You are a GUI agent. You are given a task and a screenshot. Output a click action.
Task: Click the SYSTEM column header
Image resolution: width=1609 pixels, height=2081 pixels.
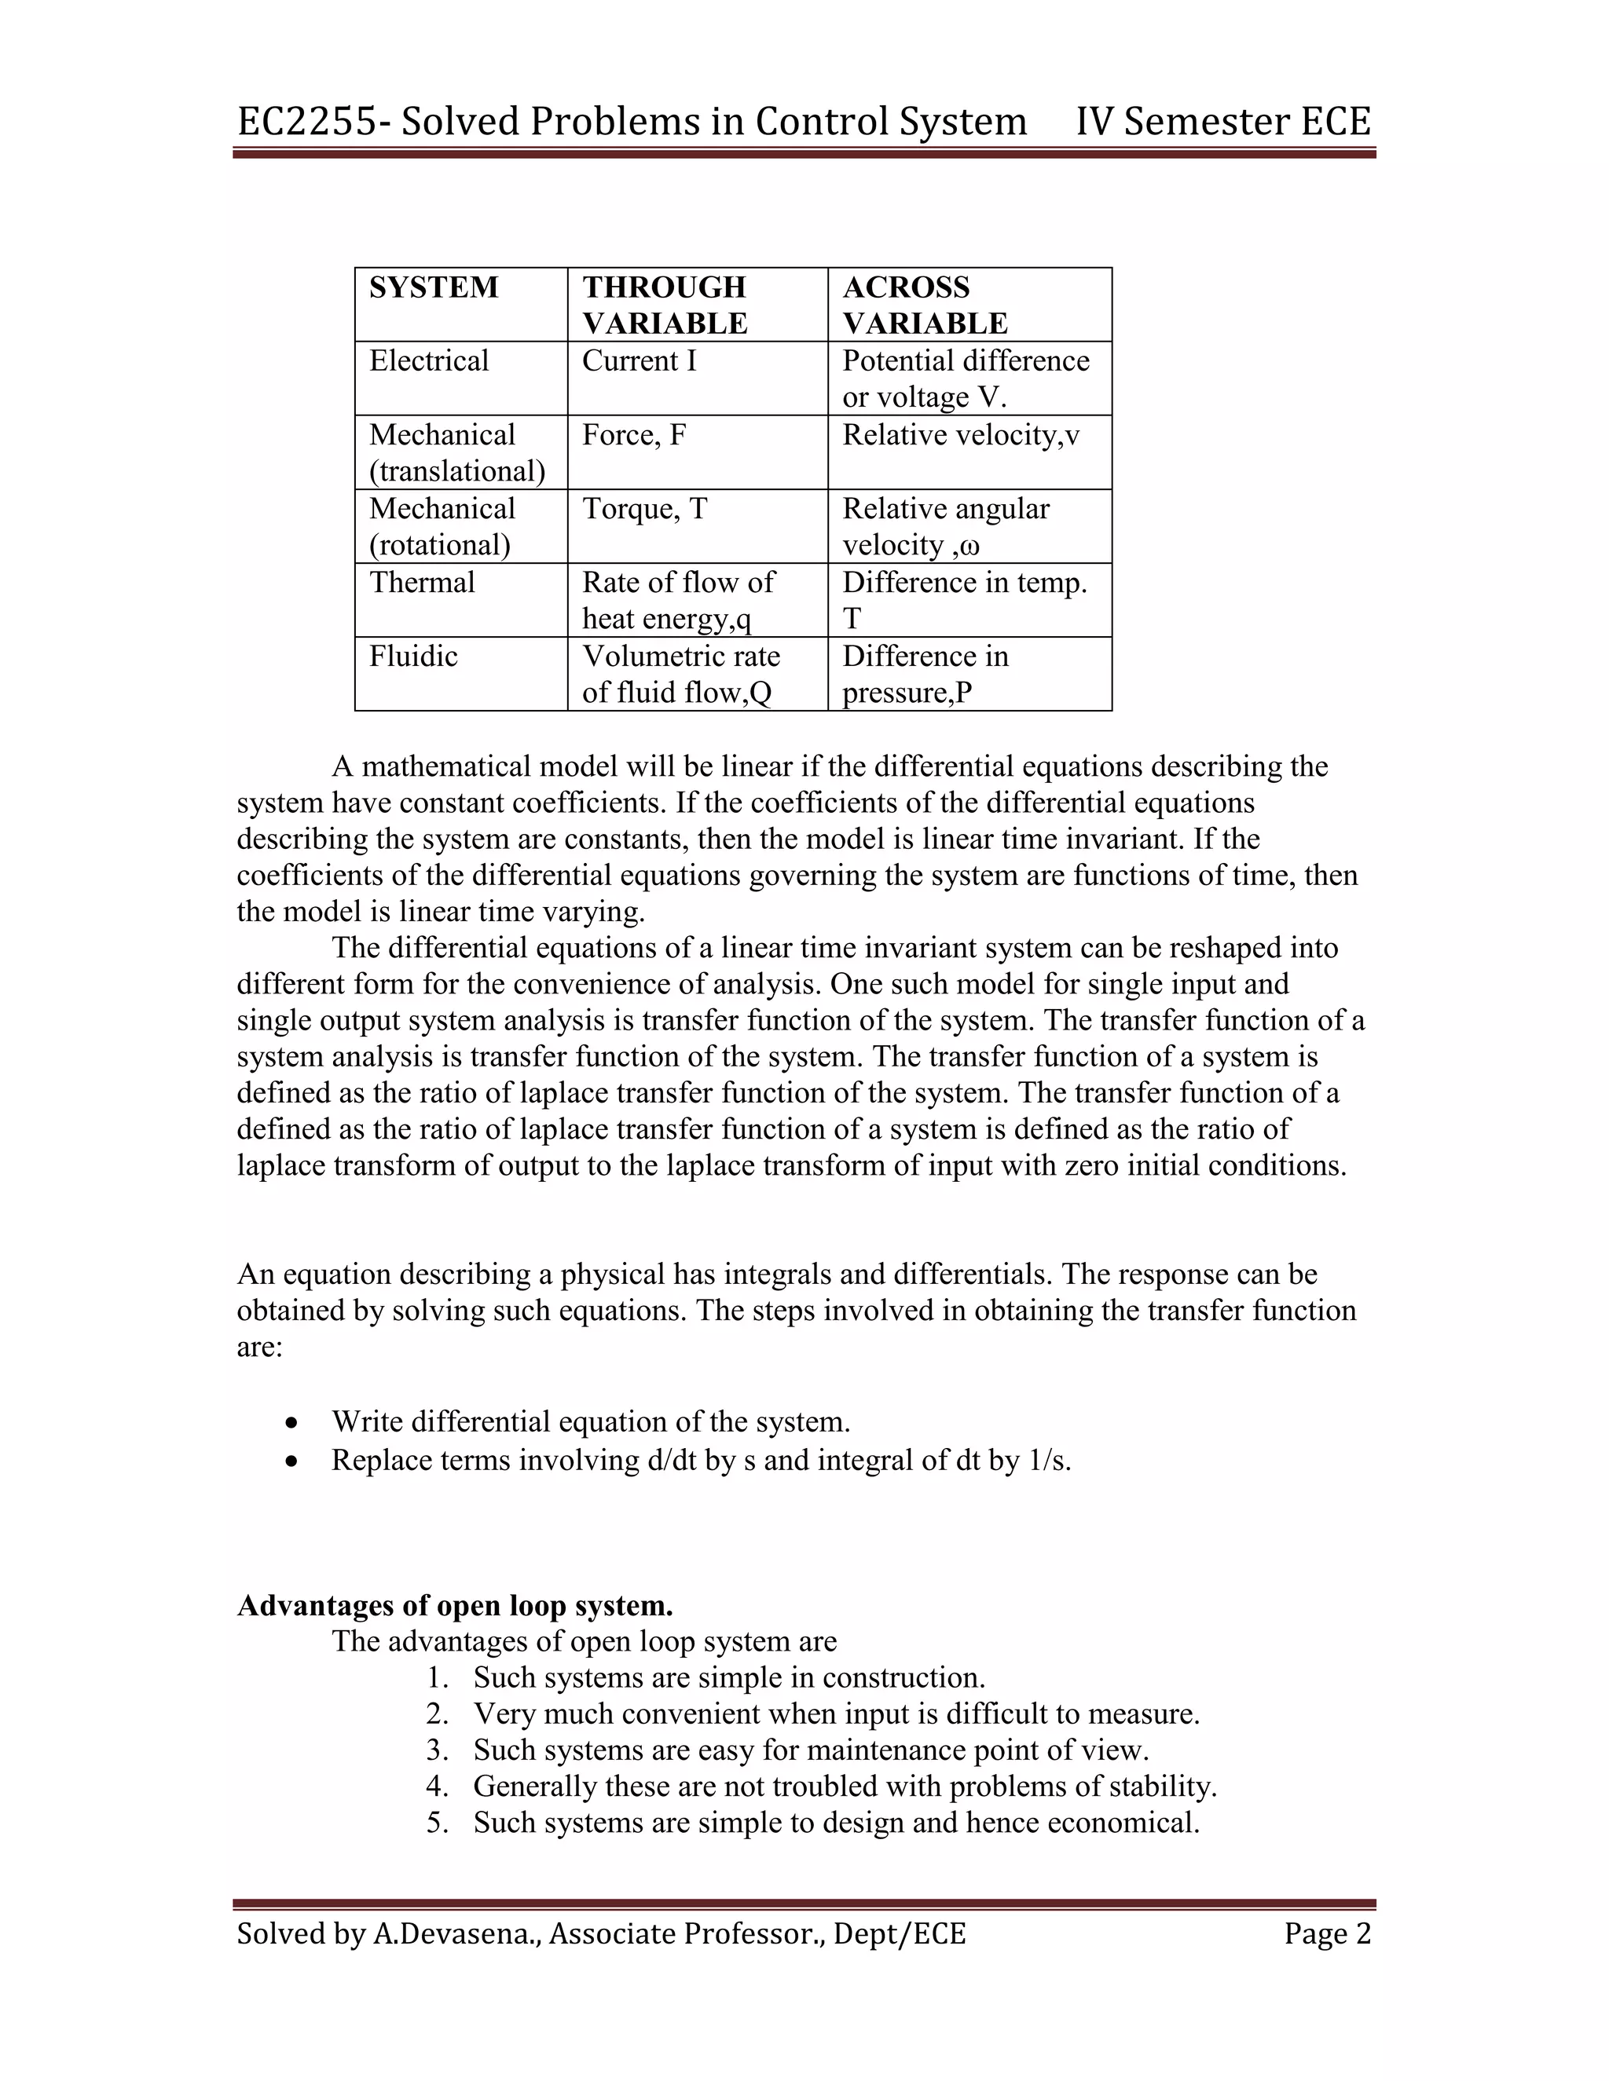coord(434,287)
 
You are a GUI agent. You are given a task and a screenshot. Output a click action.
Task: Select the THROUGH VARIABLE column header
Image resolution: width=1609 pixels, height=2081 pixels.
coord(665,305)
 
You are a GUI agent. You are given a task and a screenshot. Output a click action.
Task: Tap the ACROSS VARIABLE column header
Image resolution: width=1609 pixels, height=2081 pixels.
coord(924,305)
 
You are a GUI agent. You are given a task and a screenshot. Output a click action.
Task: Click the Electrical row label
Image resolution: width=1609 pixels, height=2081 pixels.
coord(429,360)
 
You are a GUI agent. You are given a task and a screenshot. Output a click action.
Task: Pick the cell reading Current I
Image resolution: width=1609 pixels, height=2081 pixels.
coord(639,360)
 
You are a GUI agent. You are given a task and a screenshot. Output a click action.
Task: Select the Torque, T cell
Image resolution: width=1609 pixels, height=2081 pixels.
coord(644,509)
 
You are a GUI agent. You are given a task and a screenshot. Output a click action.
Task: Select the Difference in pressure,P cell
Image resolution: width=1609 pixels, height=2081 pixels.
coord(924,674)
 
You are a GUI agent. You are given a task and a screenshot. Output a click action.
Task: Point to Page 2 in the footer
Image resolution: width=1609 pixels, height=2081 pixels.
coord(1327,1933)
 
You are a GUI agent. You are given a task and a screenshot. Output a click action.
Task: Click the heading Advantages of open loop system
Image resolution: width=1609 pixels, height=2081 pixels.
coord(455,1606)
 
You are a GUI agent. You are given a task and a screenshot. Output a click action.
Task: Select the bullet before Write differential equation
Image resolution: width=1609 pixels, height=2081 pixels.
coord(292,1424)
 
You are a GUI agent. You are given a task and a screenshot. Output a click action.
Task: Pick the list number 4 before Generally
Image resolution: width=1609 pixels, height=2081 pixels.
coord(437,1786)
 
